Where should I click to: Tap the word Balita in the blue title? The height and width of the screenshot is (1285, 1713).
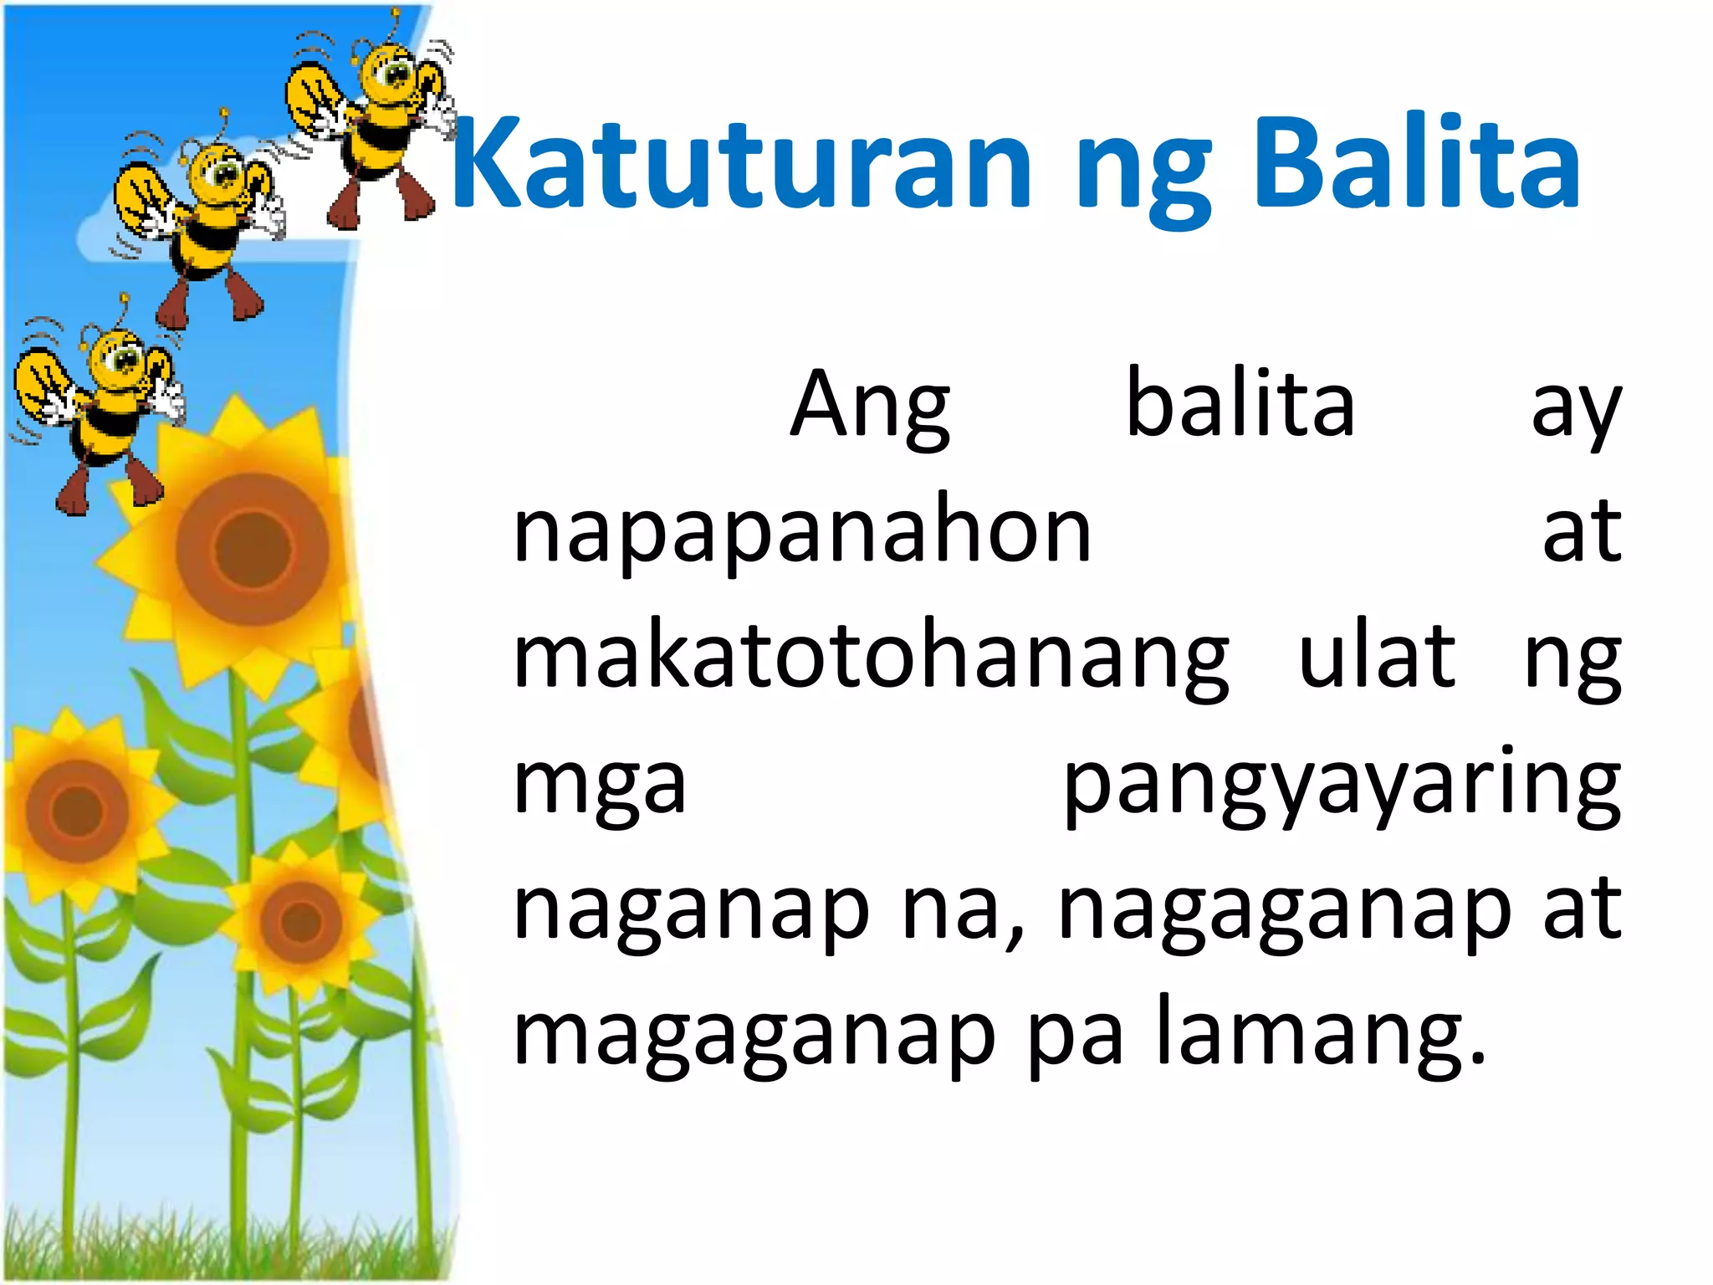1417,163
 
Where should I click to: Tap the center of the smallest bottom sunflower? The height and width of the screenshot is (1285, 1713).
300,921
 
